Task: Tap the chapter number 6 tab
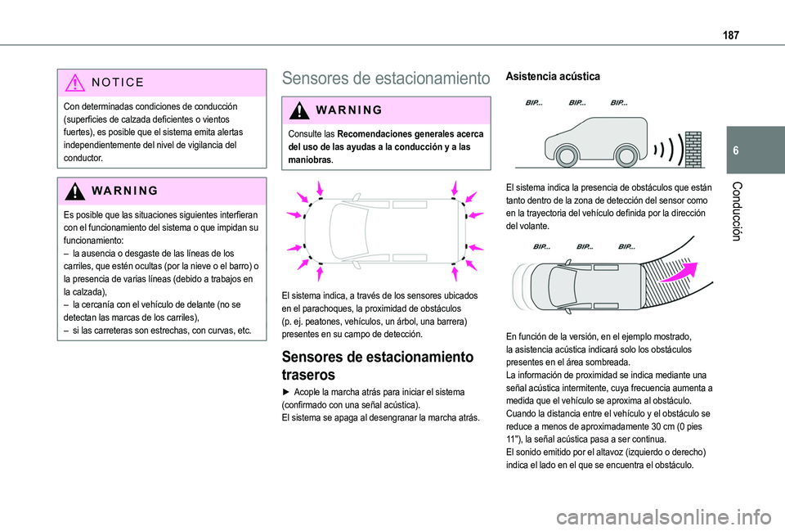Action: coord(758,152)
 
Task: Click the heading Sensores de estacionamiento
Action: coord(385,79)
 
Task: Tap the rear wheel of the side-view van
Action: coord(626,155)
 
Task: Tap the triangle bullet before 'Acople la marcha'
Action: coord(285,393)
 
